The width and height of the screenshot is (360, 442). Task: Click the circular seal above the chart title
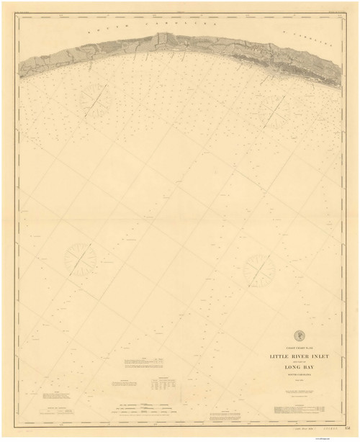(x=299, y=334)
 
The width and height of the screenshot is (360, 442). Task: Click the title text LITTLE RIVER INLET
(x=299, y=354)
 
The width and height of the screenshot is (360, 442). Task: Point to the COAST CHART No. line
(x=299, y=346)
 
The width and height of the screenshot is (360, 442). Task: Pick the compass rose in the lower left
(x=80, y=258)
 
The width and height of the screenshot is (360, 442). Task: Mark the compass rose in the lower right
(x=258, y=271)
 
